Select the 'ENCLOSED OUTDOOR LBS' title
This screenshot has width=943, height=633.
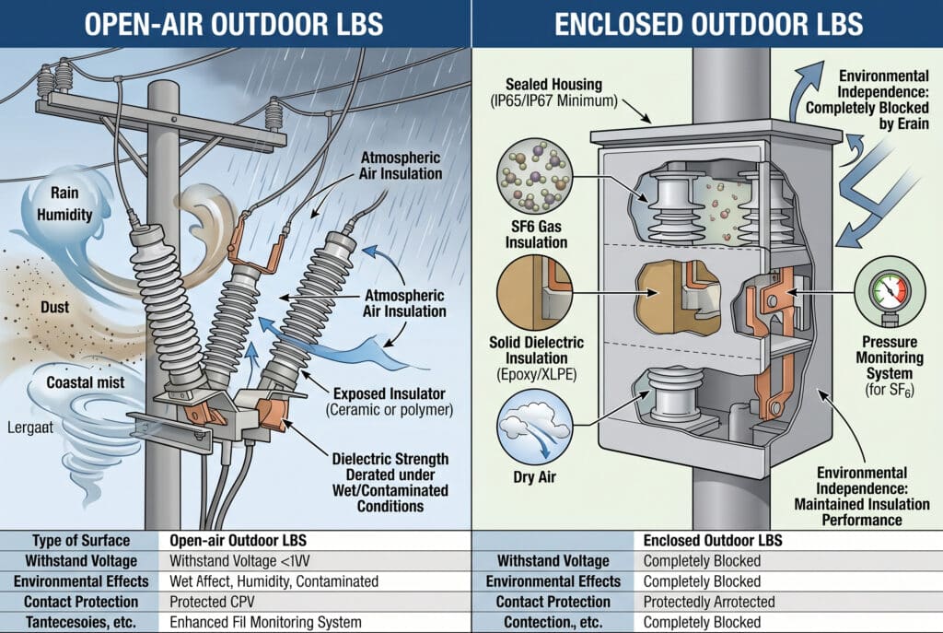pos(706,23)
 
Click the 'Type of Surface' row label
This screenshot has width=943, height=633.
pos(81,540)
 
